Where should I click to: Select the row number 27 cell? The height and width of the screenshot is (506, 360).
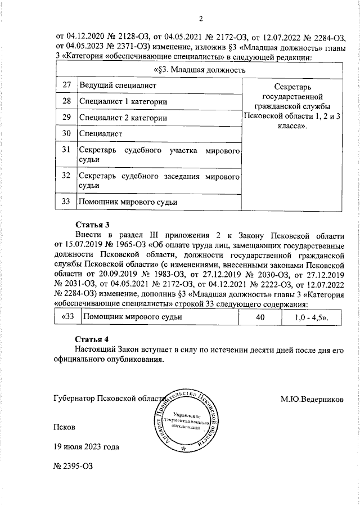pos(66,85)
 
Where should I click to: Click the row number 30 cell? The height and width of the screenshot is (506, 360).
pos(66,134)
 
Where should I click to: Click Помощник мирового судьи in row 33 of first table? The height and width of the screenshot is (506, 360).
pos(128,201)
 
